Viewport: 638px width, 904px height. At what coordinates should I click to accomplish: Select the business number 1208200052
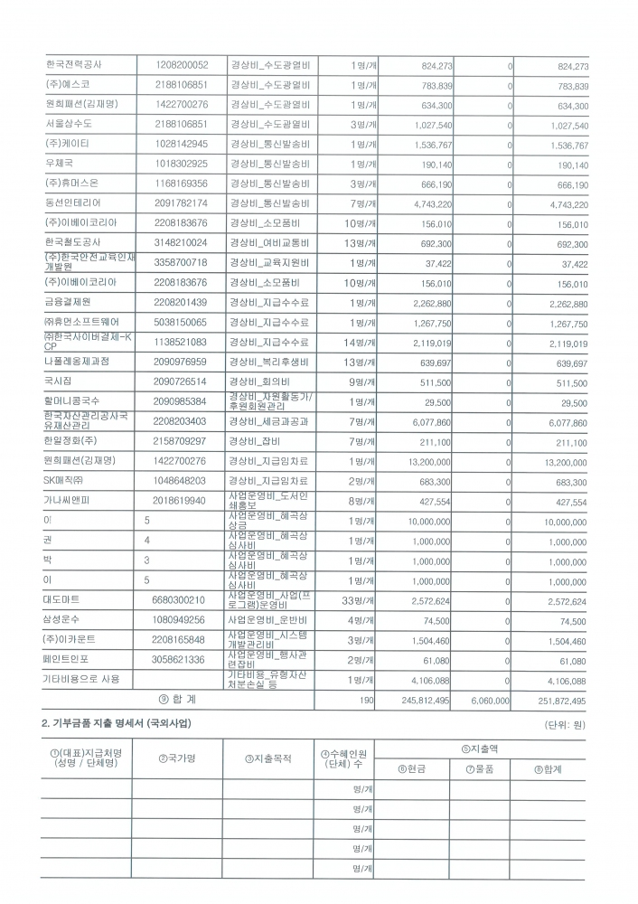(182, 66)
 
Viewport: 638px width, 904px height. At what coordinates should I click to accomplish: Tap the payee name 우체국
(59, 164)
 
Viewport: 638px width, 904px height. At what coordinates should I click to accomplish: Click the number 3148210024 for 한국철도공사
(182, 242)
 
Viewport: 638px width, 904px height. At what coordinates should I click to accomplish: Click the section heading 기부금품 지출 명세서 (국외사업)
(117, 725)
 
